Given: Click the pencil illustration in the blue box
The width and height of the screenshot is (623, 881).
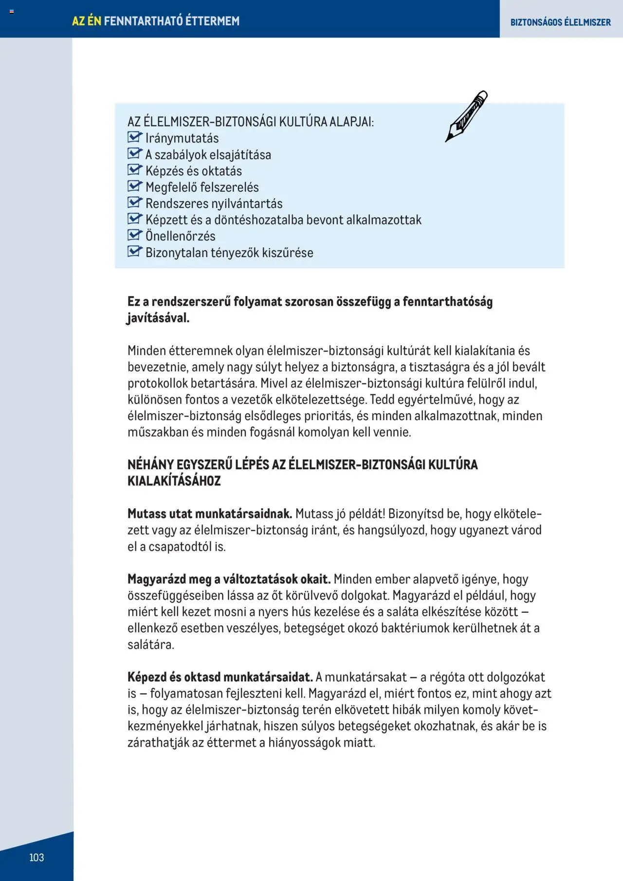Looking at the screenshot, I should [466, 116].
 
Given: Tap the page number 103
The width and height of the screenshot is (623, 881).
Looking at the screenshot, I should [37, 857].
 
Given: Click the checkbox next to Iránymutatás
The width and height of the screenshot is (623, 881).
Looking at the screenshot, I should [134, 137].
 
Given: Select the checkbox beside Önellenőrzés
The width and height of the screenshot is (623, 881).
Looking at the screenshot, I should [134, 235].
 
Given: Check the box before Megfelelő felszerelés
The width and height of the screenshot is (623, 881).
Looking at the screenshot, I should [134, 186].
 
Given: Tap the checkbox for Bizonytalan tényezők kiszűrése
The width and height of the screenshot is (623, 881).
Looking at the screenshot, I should [134, 252].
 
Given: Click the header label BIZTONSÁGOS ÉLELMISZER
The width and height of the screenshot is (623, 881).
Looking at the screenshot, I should [560, 22].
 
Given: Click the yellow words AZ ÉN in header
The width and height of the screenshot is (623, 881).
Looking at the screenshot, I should [87, 21].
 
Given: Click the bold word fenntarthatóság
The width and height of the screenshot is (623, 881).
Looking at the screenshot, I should [447, 302].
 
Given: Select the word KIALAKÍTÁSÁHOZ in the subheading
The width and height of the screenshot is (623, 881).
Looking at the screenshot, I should [174, 481].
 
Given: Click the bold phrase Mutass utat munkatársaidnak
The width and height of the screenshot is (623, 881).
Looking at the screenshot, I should [209, 514].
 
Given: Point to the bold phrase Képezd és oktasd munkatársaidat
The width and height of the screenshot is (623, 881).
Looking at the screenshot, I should [220, 677].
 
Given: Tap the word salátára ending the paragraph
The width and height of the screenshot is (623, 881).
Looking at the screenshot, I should [150, 644].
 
